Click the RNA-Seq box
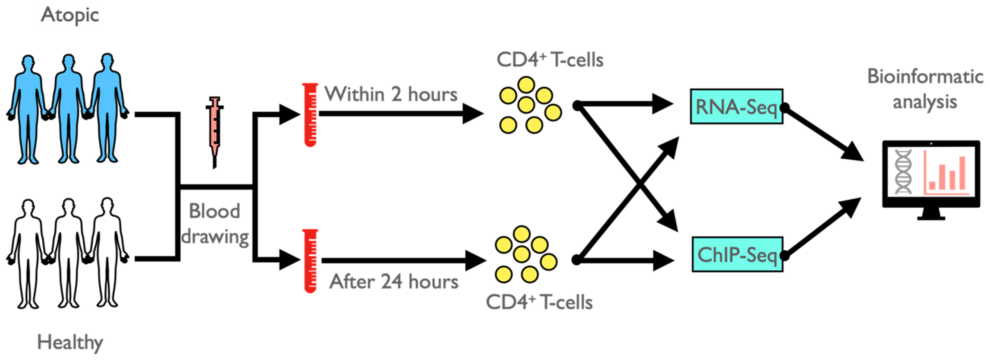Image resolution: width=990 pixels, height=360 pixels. point(736,106)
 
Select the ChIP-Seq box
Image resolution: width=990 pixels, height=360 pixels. point(737,254)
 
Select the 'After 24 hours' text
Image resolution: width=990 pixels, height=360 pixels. point(394,282)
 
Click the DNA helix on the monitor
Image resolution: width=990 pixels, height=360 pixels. point(903,171)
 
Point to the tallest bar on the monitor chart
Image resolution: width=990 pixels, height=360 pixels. point(962,173)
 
